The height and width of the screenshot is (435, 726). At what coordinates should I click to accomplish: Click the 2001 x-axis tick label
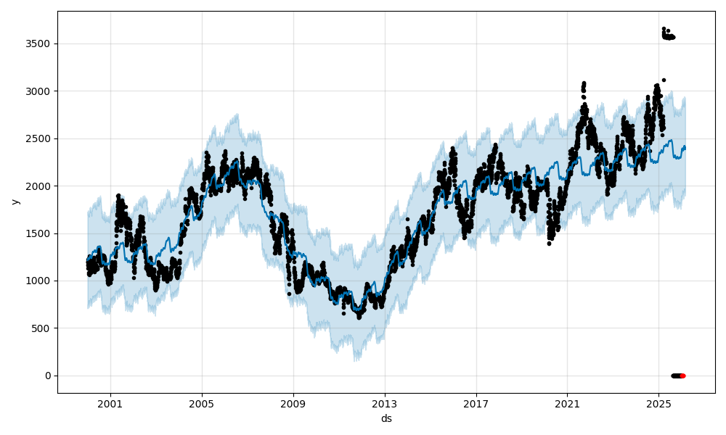pyautogui.click(x=110, y=404)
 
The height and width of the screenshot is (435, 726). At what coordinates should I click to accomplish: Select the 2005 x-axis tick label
pyautogui.click(x=202, y=404)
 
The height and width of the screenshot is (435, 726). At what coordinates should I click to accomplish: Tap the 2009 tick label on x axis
pyautogui.click(x=293, y=404)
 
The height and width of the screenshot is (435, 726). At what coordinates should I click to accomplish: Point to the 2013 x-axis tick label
pyautogui.click(x=385, y=404)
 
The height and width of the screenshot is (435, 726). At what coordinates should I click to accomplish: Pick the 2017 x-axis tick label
pyautogui.click(x=476, y=404)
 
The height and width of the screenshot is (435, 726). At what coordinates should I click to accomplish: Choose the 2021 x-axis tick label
pyautogui.click(x=567, y=404)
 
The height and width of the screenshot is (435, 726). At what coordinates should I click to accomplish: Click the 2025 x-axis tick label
pyautogui.click(x=658, y=404)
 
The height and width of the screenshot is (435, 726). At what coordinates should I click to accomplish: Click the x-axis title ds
pyautogui.click(x=386, y=418)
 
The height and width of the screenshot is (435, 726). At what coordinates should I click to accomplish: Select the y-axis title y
pyautogui.click(x=14, y=202)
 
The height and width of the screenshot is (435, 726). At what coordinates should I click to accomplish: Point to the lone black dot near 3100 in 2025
pyautogui.click(x=664, y=80)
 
